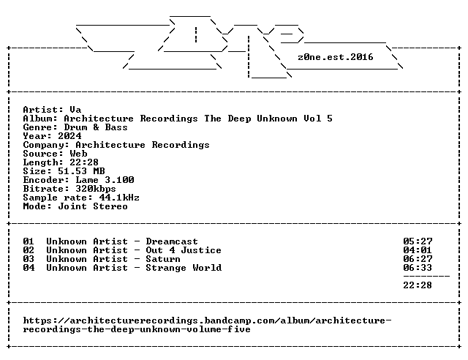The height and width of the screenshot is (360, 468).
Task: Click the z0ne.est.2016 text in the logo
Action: [336, 57]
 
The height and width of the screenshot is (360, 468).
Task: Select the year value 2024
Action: [69, 136]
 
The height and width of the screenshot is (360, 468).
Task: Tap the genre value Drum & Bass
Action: [96, 127]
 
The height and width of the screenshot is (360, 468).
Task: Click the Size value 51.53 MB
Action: [81, 171]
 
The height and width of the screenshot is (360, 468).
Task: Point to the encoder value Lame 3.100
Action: [105, 180]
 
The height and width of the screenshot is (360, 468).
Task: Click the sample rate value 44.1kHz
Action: [119, 198]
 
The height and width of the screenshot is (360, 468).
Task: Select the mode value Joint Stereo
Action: [93, 206]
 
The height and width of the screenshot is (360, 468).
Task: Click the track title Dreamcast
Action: [172, 241]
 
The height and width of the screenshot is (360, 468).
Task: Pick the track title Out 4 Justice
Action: [184, 250]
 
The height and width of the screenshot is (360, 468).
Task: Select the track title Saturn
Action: [163, 259]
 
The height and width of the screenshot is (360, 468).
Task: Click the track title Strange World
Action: [184, 268]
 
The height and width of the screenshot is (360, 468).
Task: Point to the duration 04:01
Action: [418, 250]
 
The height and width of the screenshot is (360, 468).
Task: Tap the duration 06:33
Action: [418, 268]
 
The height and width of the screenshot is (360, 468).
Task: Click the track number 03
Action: [29, 259]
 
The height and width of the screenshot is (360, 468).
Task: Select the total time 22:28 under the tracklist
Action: [418, 285]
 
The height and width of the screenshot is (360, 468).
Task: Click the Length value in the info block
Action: [84, 162]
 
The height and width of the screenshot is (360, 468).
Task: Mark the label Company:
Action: [46, 145]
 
